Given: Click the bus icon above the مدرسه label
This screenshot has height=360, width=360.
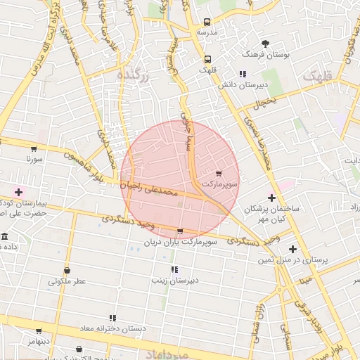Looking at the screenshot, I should click(207, 22).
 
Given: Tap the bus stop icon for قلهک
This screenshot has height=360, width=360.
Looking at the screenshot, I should click(207, 59).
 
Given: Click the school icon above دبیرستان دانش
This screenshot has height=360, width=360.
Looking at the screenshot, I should click(243, 74).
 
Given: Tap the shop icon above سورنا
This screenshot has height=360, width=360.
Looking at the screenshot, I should click(34, 149).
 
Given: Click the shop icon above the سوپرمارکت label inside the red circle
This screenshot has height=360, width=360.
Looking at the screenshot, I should click(219, 173).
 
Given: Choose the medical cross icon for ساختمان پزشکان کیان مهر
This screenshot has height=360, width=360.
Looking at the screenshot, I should click(272, 198).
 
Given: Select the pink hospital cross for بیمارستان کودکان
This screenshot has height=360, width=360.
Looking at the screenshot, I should click(18, 191).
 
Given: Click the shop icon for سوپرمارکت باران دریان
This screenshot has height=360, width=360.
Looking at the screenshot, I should click(181, 231).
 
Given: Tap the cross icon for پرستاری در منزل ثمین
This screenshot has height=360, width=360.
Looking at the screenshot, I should click(292, 249).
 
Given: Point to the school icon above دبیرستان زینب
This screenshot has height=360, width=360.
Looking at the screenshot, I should click(174, 269).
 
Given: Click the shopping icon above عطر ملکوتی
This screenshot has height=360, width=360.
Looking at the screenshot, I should click(67, 271).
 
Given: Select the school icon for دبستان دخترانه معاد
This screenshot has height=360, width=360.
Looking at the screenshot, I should click(112, 318).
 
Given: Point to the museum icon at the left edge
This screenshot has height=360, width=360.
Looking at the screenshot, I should click(4, 237).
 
